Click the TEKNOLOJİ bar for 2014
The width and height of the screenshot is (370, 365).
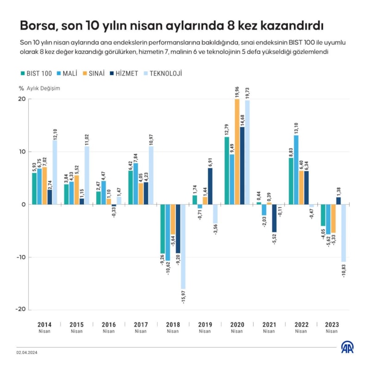[55, 172]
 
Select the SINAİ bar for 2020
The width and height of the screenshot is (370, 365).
[237, 152]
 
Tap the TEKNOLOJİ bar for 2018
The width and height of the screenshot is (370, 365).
[183, 247]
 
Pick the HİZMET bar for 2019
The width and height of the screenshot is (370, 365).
[210, 186]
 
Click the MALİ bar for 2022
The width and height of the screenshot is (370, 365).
[296, 170]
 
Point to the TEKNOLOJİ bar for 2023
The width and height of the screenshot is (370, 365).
[344, 233]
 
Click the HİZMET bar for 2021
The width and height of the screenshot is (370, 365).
[274, 218]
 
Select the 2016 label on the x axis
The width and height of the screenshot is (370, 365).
[109, 324]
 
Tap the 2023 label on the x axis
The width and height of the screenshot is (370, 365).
[332, 324]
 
